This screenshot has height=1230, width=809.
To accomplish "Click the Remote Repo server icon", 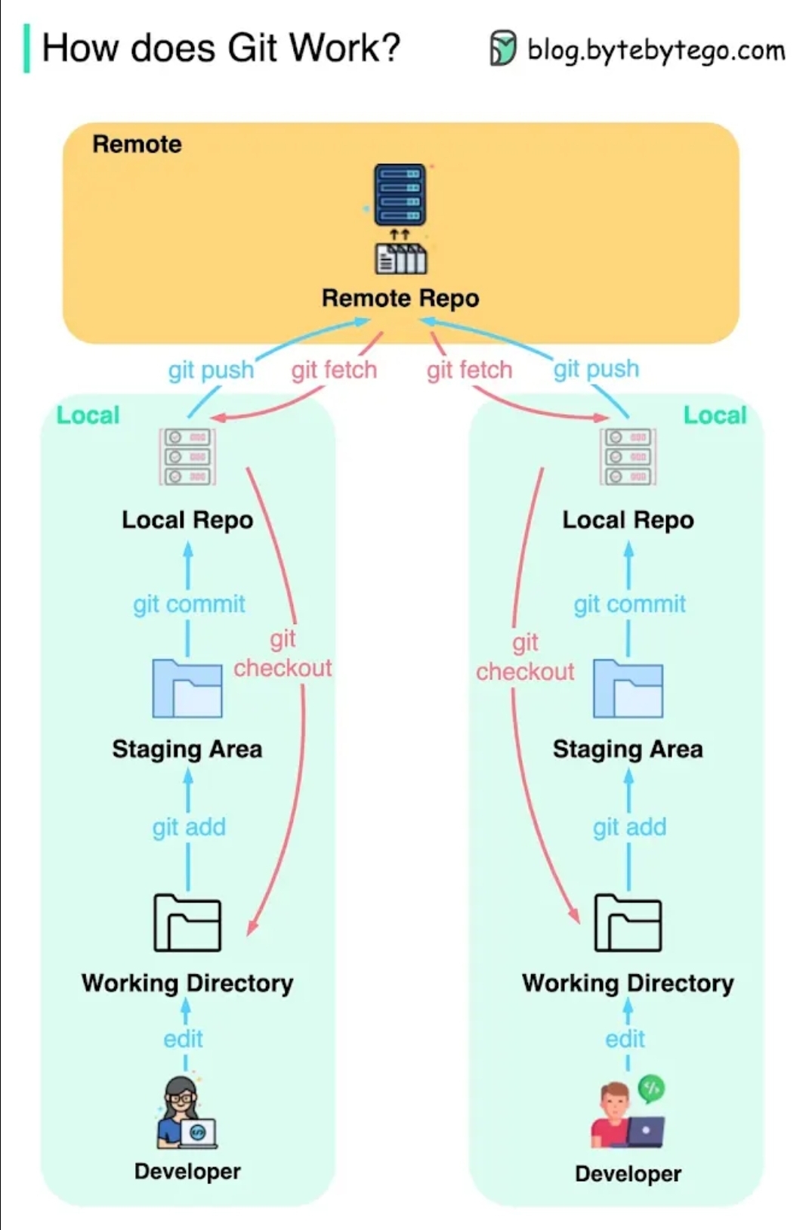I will point(400,194).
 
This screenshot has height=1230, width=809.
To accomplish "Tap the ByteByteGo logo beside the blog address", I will point(503,48).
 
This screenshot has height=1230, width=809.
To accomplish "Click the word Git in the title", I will point(252,48).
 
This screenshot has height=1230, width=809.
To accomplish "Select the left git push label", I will point(211,370).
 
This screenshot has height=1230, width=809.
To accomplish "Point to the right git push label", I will point(596,369).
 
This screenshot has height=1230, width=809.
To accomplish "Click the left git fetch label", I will point(334,370).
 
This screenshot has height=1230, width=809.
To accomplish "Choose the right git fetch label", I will point(469,370).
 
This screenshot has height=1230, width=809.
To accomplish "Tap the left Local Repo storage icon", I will point(187,456).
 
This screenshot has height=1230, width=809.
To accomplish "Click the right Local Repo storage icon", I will point(628,456).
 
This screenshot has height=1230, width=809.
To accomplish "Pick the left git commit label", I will point(189,604).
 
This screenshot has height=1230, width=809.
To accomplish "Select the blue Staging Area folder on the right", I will point(628,688).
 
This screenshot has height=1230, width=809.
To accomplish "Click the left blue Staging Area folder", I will point(187,688).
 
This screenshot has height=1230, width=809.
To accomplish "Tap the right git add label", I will point(629,827).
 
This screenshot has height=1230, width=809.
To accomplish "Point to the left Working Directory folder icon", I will point(187,922).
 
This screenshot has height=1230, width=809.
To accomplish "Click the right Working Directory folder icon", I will point(628,922).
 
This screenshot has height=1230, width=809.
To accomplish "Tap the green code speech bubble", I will point(651,1089).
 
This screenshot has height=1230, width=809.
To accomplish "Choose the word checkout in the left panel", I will point(283,668).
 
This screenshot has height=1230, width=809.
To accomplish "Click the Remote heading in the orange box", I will point(137,144).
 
